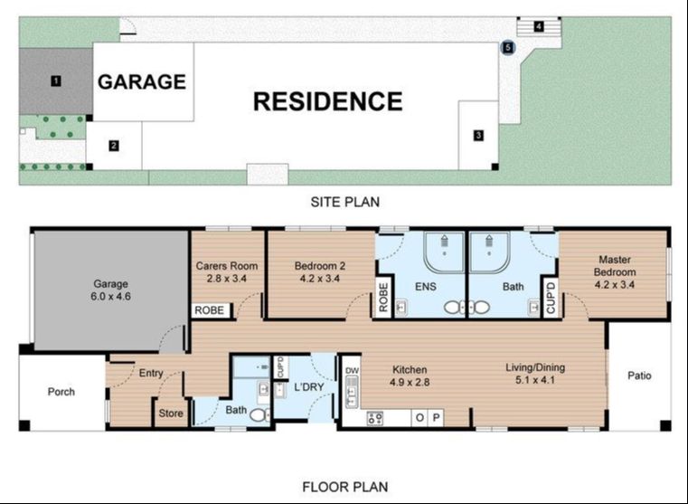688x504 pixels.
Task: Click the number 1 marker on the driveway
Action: (56, 81)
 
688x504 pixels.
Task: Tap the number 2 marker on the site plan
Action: (114, 146)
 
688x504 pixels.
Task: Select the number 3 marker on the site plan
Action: (478, 135)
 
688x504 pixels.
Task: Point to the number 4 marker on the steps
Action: (539, 27)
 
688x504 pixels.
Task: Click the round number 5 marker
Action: (508, 47)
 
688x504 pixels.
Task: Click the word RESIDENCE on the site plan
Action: (328, 101)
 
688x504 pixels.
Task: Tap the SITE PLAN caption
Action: (344, 202)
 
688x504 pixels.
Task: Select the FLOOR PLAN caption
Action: (344, 487)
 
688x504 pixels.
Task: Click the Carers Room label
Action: (227, 266)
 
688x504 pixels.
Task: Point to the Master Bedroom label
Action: (615, 266)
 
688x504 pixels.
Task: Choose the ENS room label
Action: (426, 287)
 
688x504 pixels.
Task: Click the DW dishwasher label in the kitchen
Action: (352, 371)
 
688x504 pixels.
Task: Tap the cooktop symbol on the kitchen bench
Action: (374, 418)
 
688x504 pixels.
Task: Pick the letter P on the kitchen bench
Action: (436, 417)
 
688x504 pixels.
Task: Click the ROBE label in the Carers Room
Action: (210, 310)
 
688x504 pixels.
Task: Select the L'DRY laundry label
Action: (309, 386)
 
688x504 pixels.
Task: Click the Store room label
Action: (171, 414)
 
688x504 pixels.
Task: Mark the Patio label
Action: (639, 376)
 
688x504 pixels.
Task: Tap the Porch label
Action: (61, 392)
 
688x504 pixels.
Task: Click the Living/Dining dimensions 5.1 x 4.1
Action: (535, 380)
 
